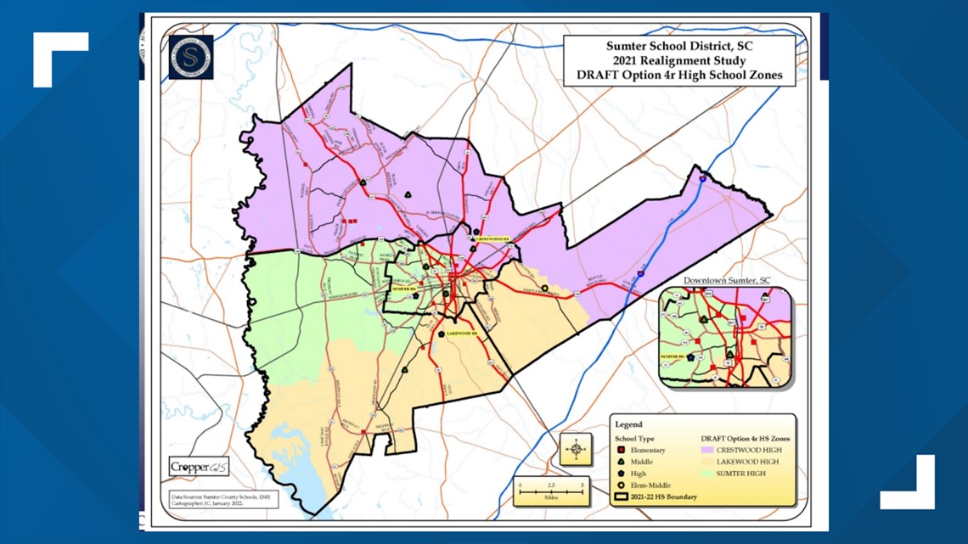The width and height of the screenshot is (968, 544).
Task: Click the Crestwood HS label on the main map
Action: tap(493, 239)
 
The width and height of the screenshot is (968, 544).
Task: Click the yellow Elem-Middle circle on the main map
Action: tap(543, 288)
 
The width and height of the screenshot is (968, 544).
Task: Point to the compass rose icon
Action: tap(576, 449)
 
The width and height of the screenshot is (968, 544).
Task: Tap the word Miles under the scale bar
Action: tap(550, 499)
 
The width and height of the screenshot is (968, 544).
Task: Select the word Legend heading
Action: tap(628, 424)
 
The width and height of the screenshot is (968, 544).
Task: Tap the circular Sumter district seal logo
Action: tap(190, 57)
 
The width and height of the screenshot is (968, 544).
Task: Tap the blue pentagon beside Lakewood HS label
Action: tap(441, 334)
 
